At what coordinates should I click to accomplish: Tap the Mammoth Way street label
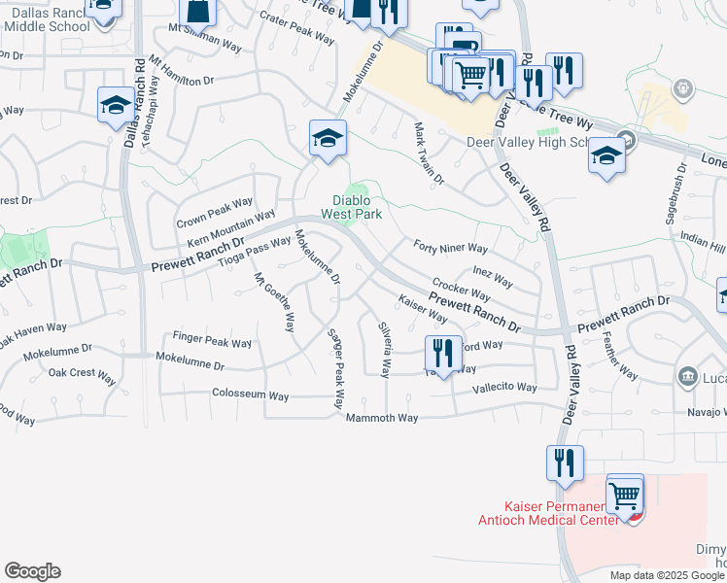point(382,418)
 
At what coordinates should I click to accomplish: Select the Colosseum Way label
point(251,395)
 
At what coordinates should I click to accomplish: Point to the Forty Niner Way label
point(450,248)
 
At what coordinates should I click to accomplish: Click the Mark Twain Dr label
point(429,154)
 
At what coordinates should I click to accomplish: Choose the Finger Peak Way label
point(212,342)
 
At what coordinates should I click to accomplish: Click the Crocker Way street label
point(461,289)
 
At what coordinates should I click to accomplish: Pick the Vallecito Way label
point(504,387)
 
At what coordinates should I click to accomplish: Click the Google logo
point(32,571)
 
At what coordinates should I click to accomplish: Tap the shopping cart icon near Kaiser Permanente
point(625,497)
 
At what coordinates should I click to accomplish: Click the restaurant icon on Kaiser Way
point(442,353)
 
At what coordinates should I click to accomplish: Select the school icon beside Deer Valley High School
point(606,156)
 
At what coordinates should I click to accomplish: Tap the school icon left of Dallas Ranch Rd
point(116,105)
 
